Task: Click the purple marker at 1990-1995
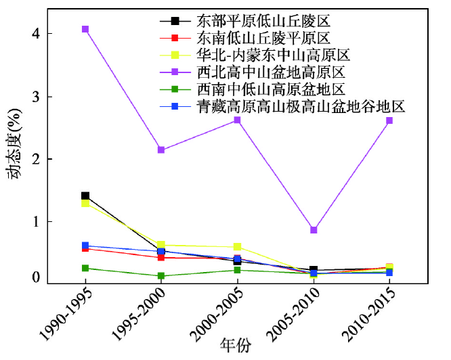tap(85, 29)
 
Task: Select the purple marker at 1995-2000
tap(161, 150)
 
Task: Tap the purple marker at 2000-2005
tap(237, 120)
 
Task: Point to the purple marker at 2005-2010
tap(314, 230)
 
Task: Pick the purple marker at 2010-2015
tap(389, 120)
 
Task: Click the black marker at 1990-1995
tap(85, 196)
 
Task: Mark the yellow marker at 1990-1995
tap(85, 203)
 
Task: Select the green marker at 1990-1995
tap(85, 268)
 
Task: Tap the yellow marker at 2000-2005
tap(237, 247)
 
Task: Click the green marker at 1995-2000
tap(161, 276)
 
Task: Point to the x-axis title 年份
tap(236, 346)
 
